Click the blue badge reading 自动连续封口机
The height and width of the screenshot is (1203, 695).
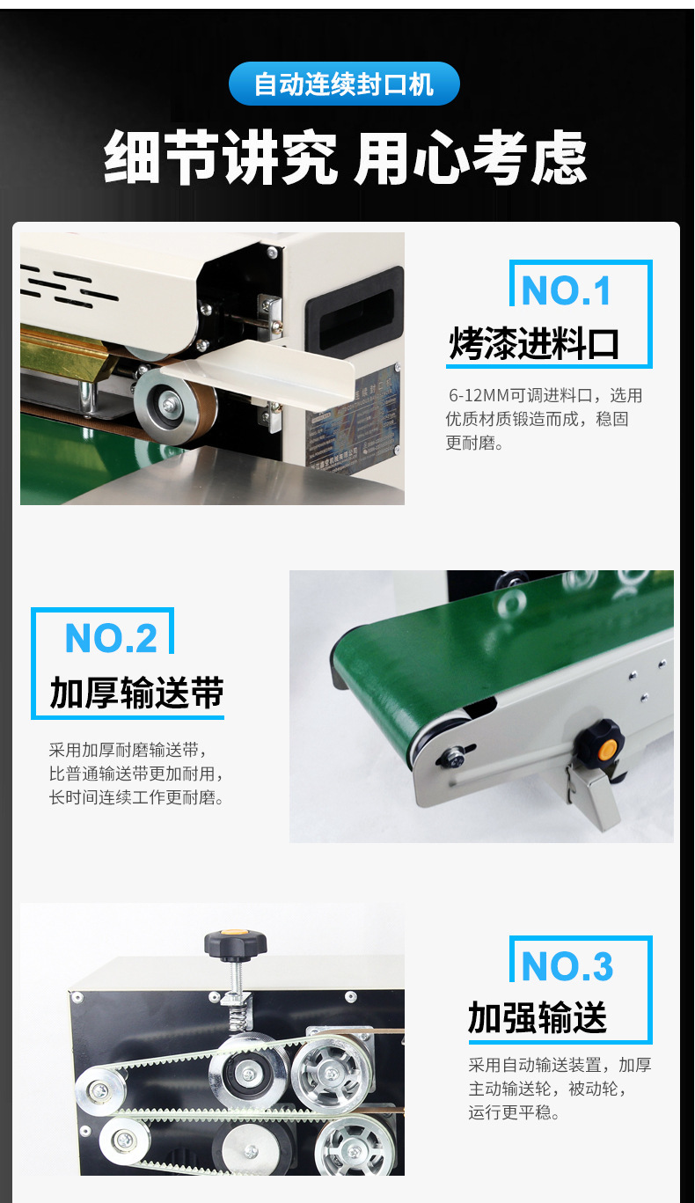tap(344, 84)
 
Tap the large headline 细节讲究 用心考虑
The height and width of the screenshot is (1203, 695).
tap(345, 158)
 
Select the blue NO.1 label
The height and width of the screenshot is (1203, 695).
tap(566, 291)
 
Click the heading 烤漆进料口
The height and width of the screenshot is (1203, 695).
tap(534, 343)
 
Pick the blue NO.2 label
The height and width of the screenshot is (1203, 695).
tap(111, 638)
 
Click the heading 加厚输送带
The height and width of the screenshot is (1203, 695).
tap(136, 693)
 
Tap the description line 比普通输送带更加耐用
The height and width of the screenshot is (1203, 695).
tap(136, 774)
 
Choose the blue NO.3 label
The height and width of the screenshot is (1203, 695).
tap(567, 966)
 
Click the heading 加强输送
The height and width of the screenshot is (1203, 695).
tap(538, 1018)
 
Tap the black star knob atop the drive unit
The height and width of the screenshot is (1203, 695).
tap(235, 943)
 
